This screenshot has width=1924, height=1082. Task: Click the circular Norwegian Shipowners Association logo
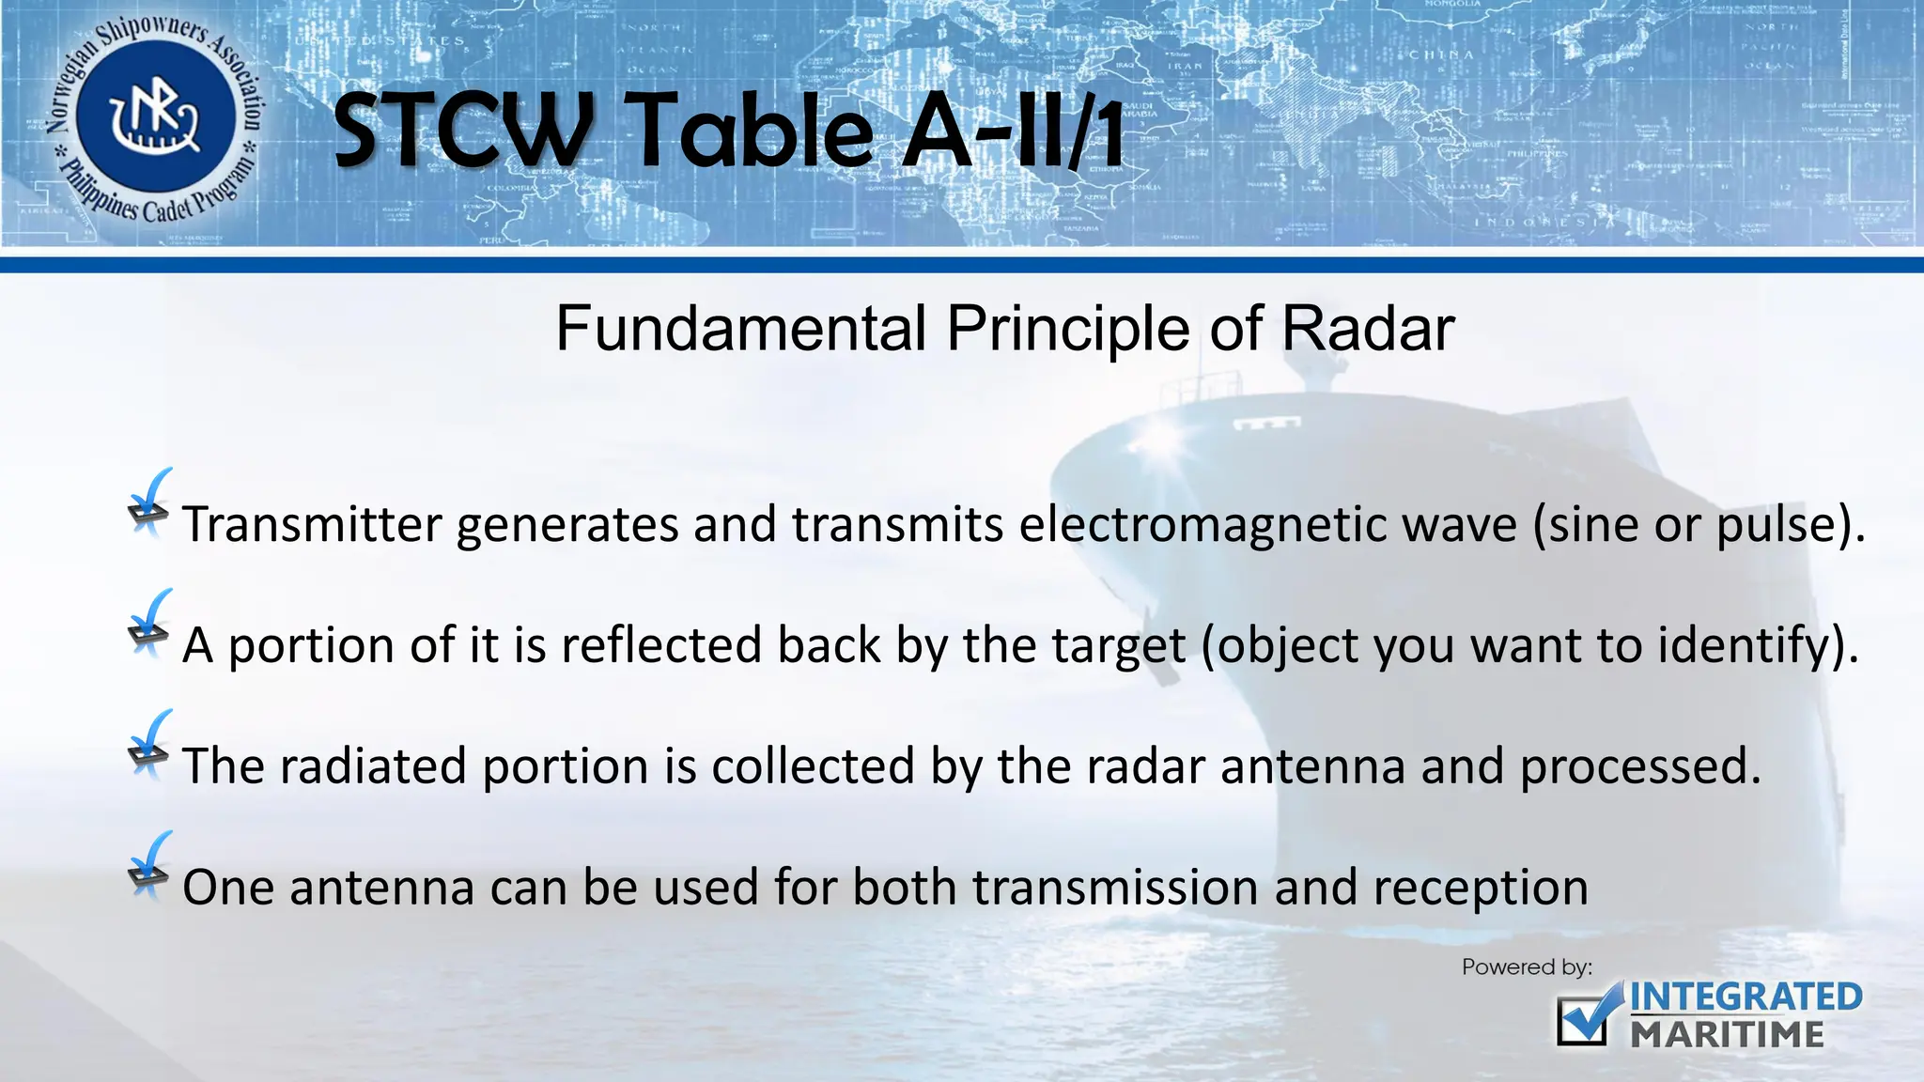click(155, 119)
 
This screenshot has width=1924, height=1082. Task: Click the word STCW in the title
click(462, 131)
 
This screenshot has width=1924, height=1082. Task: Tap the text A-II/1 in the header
click(1013, 131)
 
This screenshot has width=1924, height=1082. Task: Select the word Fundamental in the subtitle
click(741, 329)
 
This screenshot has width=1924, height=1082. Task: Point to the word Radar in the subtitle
click(1368, 329)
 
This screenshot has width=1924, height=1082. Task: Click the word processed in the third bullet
click(1639, 766)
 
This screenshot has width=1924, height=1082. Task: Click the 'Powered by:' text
click(1527, 967)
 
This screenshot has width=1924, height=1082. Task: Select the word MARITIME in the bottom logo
click(1727, 1035)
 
